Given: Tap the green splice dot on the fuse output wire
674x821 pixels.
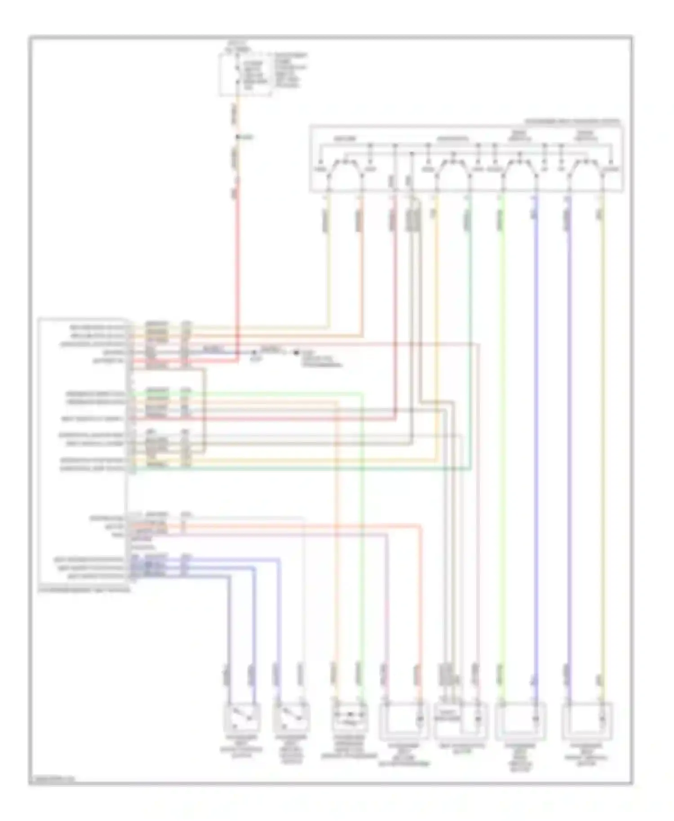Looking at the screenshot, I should coord(238,137).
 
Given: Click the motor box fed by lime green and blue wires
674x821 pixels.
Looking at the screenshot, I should coord(520,721).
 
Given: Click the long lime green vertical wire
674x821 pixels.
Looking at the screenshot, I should coord(502,449).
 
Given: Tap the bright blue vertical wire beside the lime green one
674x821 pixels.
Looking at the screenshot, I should coord(536,449).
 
